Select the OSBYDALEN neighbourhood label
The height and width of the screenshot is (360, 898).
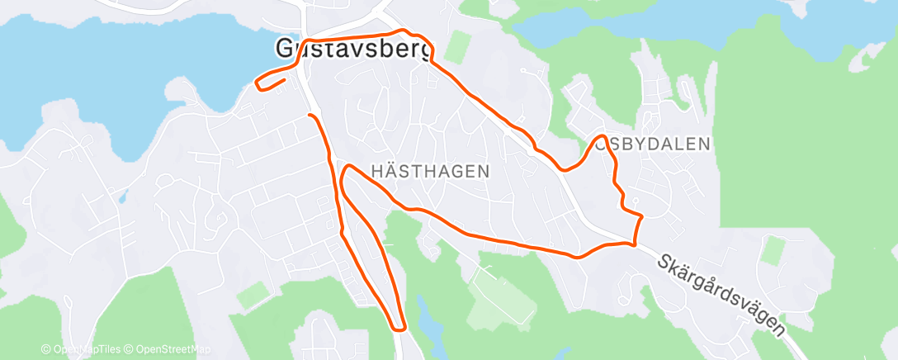coord(652,144)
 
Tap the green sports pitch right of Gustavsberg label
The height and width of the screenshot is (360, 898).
coord(456,48)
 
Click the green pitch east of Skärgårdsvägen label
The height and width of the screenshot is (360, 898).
coord(773,250)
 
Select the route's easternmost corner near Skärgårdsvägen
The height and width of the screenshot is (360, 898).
coord(640,216)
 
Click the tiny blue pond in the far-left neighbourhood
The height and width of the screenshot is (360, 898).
coord(123,197)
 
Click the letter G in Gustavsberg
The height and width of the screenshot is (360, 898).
coord(286,50)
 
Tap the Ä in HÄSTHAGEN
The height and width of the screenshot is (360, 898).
coord(390,170)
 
